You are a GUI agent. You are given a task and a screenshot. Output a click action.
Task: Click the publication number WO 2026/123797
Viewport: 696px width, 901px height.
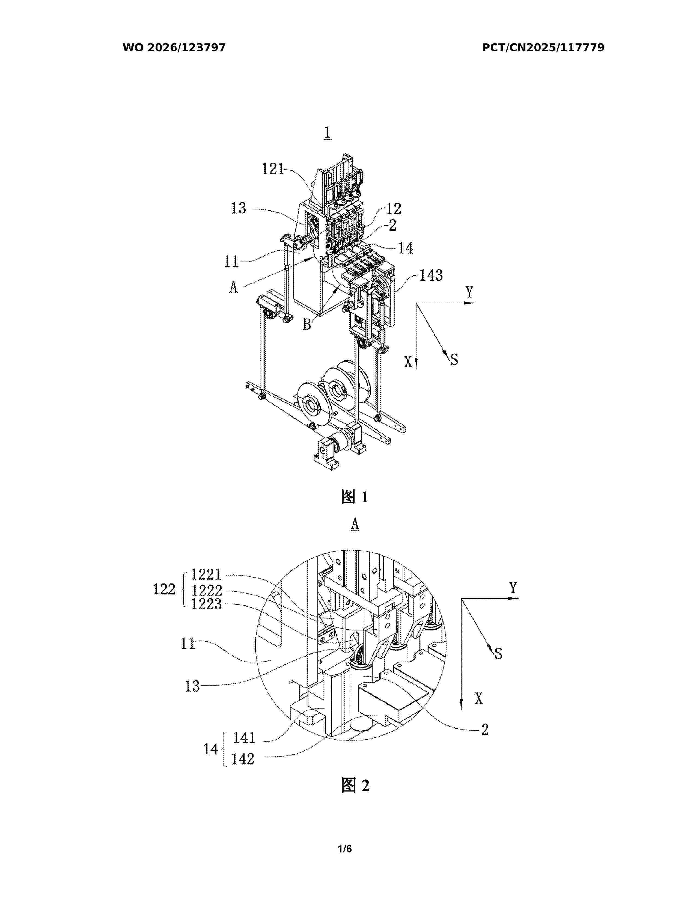[x=174, y=48]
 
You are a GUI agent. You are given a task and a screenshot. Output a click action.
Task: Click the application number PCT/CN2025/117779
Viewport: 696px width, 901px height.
[x=543, y=48]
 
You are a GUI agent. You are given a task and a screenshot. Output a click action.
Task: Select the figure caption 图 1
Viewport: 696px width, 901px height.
[x=354, y=497]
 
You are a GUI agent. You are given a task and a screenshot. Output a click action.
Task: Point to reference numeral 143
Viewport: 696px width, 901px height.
[x=431, y=275]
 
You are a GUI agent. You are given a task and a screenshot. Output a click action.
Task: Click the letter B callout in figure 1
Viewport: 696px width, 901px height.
[x=307, y=325]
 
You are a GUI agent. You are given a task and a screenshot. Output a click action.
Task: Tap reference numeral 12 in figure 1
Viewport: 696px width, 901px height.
[x=393, y=209]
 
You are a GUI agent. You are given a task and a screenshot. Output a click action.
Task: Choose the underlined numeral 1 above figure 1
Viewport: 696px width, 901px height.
[x=328, y=133]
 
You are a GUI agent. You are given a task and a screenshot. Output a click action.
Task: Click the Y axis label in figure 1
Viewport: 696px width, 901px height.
[x=469, y=292]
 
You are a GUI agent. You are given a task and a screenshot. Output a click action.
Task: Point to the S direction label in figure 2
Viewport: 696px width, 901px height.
[x=498, y=653]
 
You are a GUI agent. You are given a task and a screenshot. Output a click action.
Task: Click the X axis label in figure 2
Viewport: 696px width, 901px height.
[x=478, y=698]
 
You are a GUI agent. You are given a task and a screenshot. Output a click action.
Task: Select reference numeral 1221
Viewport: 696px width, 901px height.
[x=206, y=574]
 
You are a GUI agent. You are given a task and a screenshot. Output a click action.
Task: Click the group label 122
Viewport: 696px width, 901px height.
[x=164, y=589]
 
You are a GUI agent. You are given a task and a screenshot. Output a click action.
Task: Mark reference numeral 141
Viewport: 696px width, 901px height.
[x=244, y=737]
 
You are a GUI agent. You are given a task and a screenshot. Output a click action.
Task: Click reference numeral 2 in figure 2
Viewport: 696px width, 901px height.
[x=485, y=729]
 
